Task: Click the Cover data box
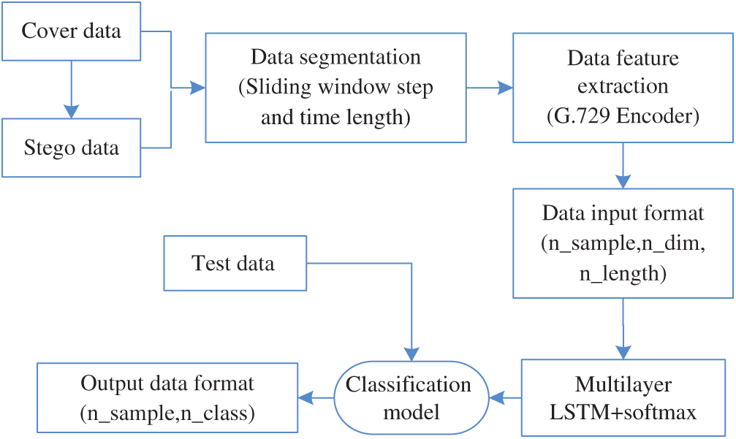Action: [x=71, y=31]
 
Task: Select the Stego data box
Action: [x=71, y=148]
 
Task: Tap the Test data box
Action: [x=234, y=263]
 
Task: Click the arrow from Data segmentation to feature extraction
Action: [x=490, y=88]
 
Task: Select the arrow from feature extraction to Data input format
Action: [x=623, y=166]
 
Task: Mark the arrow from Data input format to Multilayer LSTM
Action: [x=623, y=329]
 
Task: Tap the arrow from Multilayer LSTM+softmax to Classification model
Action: [x=505, y=398]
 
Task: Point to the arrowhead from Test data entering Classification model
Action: [x=412, y=354]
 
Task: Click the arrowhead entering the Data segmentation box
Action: [x=198, y=88]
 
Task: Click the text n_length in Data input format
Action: [x=623, y=274]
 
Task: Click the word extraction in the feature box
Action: [x=623, y=86]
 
